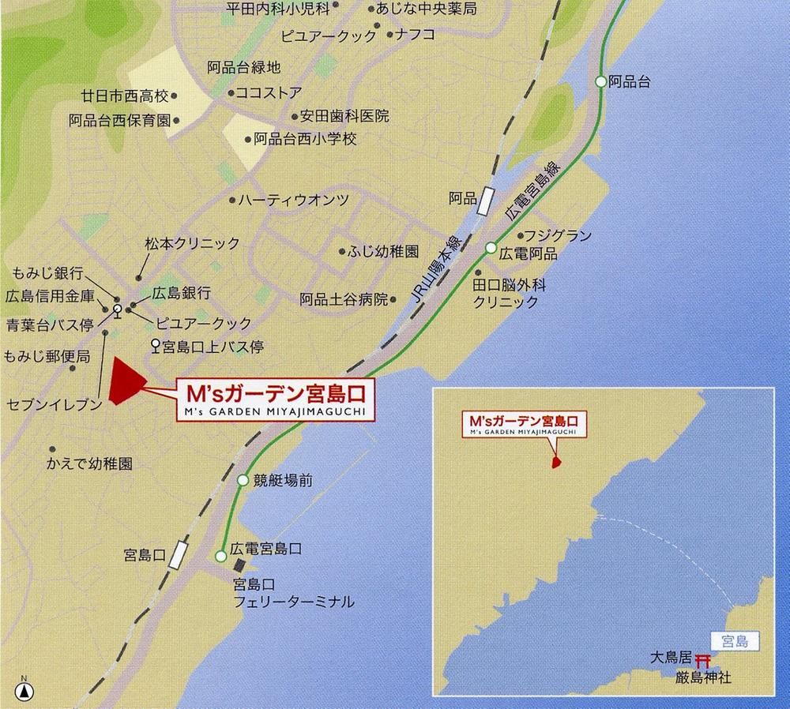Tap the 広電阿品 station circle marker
[x=491, y=249]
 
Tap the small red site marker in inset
[x=555, y=460]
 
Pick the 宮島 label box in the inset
[x=735, y=640]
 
